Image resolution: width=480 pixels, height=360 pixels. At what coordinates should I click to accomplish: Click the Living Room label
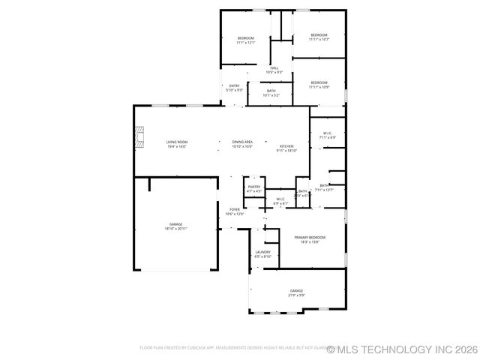176,144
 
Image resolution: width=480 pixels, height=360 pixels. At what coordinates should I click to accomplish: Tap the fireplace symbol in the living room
139,138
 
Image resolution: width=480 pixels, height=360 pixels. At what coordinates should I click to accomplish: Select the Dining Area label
242,144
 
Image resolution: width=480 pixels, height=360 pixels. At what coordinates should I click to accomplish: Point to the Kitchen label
287,148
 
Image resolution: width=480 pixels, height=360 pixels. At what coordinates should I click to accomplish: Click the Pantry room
254,189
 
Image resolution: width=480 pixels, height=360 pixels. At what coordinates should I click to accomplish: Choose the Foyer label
235,211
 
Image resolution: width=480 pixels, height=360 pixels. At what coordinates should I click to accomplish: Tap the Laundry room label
262,254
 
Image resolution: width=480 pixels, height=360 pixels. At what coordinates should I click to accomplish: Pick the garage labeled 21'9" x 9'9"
297,292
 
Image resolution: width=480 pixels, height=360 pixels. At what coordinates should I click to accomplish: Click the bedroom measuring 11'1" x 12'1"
246,40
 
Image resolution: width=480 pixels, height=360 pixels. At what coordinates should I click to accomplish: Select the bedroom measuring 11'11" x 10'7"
319,37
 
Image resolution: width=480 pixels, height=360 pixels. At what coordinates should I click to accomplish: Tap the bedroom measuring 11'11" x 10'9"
319,85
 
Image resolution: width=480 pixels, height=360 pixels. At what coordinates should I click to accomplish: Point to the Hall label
274,70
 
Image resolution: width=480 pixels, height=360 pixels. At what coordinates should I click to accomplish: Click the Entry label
234,88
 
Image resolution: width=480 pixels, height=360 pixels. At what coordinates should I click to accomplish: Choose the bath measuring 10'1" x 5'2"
271,93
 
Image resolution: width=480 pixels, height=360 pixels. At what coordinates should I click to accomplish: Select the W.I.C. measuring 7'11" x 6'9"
327,136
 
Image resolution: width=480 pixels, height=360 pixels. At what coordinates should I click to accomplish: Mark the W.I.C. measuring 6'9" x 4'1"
280,201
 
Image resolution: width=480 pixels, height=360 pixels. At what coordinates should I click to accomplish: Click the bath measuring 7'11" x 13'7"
325,187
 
